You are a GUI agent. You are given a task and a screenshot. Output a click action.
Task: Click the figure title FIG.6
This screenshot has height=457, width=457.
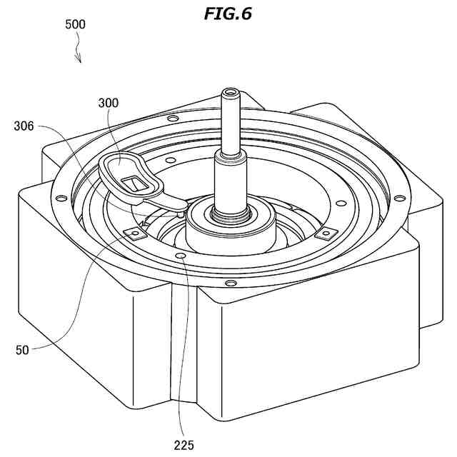tap(228, 14)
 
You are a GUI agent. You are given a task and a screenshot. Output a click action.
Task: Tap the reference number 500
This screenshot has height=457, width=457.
tap(75, 24)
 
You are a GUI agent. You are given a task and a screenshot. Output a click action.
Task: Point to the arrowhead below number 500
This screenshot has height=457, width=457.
tap(79, 61)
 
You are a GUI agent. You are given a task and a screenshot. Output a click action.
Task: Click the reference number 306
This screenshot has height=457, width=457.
tap(24, 126)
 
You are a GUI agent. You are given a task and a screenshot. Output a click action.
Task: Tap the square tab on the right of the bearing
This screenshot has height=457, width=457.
tap(325, 232)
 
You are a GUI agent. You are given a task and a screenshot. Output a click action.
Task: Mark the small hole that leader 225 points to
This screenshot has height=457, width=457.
tap(180, 255)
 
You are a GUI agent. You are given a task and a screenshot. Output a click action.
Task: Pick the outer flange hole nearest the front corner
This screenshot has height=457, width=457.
tap(228, 283)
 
